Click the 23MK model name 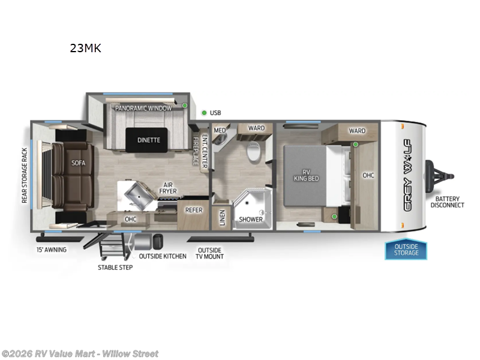coord(85,49)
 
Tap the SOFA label coord(79,163)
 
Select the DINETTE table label coord(148,140)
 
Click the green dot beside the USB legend coord(204,112)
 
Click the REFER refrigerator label coord(193,210)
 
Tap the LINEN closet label coord(222,218)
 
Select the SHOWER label coord(251,219)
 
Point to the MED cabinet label coord(220,130)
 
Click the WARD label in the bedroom coord(357,130)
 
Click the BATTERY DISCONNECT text coord(447,202)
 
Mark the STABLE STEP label coord(115,267)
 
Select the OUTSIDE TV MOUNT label coord(209,253)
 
